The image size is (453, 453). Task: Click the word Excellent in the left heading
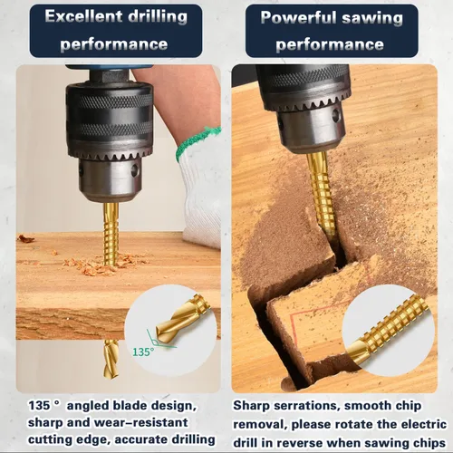83,16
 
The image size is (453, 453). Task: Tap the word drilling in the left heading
158,17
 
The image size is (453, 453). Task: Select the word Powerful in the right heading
298,17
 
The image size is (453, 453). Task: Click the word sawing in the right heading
372,19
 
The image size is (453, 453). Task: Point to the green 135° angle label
143,352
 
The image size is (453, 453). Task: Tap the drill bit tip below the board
111,359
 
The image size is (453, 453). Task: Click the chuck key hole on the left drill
135,170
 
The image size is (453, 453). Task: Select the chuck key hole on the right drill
336,115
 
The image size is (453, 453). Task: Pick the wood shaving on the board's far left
25,238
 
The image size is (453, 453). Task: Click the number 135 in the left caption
39,405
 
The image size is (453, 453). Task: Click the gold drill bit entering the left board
111,233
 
